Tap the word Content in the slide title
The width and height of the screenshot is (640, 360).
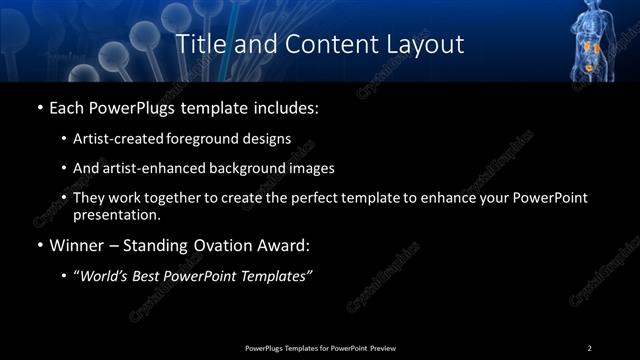[318, 44]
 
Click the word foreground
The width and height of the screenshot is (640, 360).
[213, 140]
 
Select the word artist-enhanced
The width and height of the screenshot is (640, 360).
[146, 169]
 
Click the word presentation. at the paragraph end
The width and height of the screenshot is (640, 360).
[116, 214]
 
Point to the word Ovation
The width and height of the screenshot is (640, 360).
[218, 245]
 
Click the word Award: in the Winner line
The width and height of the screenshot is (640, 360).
[283, 245]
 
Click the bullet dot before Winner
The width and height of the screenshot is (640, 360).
[39, 246]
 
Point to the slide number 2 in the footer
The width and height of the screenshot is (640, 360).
[590, 347]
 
